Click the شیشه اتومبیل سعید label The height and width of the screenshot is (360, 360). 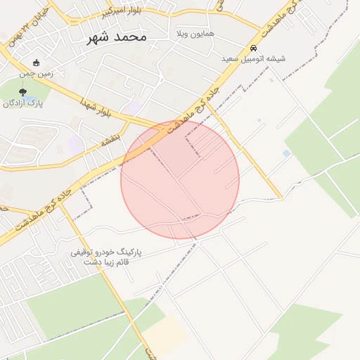coord(254,59)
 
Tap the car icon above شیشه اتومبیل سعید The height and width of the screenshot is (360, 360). coord(253,48)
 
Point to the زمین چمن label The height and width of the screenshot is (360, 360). coord(37,72)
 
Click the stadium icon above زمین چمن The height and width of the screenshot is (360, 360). coord(37,61)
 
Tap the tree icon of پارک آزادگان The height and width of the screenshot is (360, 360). coord(23,92)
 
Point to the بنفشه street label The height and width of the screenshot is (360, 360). coord(110,141)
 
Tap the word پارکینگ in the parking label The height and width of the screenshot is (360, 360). coord(126,251)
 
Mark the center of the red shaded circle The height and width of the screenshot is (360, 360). coord(180,179)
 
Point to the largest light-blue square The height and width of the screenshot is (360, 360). coord(286,153)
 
